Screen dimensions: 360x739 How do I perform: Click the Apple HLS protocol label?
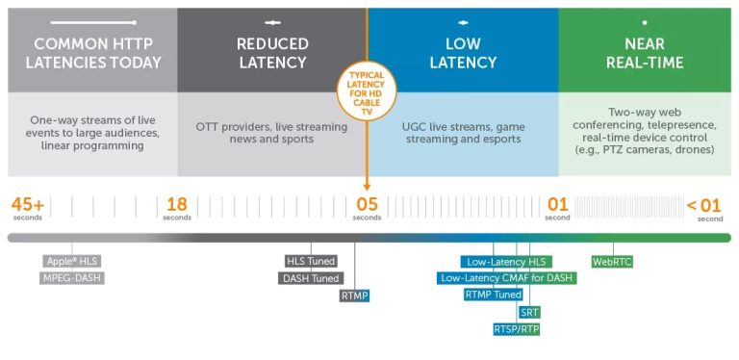[x=73, y=261]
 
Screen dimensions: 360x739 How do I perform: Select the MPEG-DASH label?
[x=72, y=278]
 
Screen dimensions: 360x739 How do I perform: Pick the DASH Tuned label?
[x=311, y=278]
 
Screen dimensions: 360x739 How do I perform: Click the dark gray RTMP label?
[x=355, y=296]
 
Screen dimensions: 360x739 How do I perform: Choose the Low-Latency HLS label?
[x=506, y=261]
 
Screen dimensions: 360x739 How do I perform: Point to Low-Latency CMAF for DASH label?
[x=506, y=278]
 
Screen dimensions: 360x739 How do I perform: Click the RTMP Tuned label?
[x=494, y=296]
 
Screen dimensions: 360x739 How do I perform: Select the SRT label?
[x=529, y=313]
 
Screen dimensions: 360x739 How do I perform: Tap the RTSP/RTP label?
[x=517, y=330]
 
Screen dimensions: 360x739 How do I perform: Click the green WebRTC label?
[x=612, y=261]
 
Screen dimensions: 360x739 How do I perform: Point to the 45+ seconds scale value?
[x=28, y=206]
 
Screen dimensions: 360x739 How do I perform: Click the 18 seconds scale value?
[x=177, y=206]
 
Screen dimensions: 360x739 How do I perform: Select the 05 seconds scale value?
[x=368, y=206]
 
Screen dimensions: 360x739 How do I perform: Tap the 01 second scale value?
[x=558, y=206]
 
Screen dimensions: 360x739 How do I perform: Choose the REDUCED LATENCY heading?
[x=271, y=53]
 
